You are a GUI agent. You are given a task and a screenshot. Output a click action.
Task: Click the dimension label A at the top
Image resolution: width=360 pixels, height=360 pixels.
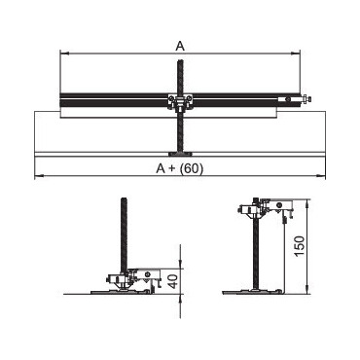[180, 47]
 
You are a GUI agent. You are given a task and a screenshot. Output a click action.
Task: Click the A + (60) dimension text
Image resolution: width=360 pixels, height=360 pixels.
[180, 168]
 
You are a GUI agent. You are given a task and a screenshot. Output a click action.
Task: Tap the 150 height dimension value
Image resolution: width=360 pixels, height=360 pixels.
[300, 245]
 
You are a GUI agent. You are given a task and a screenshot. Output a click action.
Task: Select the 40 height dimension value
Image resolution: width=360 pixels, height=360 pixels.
[174, 281]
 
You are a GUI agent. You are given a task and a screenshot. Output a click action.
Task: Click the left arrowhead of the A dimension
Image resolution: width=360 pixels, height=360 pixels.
[64, 54]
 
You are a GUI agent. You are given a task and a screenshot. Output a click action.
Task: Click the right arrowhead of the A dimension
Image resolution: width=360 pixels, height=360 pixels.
[296, 54]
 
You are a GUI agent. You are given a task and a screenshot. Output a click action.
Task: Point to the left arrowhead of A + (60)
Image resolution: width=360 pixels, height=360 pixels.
[39, 176]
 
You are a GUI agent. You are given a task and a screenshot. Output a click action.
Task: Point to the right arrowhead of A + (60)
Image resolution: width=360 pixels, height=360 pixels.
[321, 176]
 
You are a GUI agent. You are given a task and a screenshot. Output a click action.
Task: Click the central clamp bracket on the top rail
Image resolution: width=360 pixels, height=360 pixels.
[180, 102]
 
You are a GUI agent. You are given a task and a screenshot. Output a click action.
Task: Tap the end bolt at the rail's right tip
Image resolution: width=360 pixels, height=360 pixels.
[306, 98]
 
